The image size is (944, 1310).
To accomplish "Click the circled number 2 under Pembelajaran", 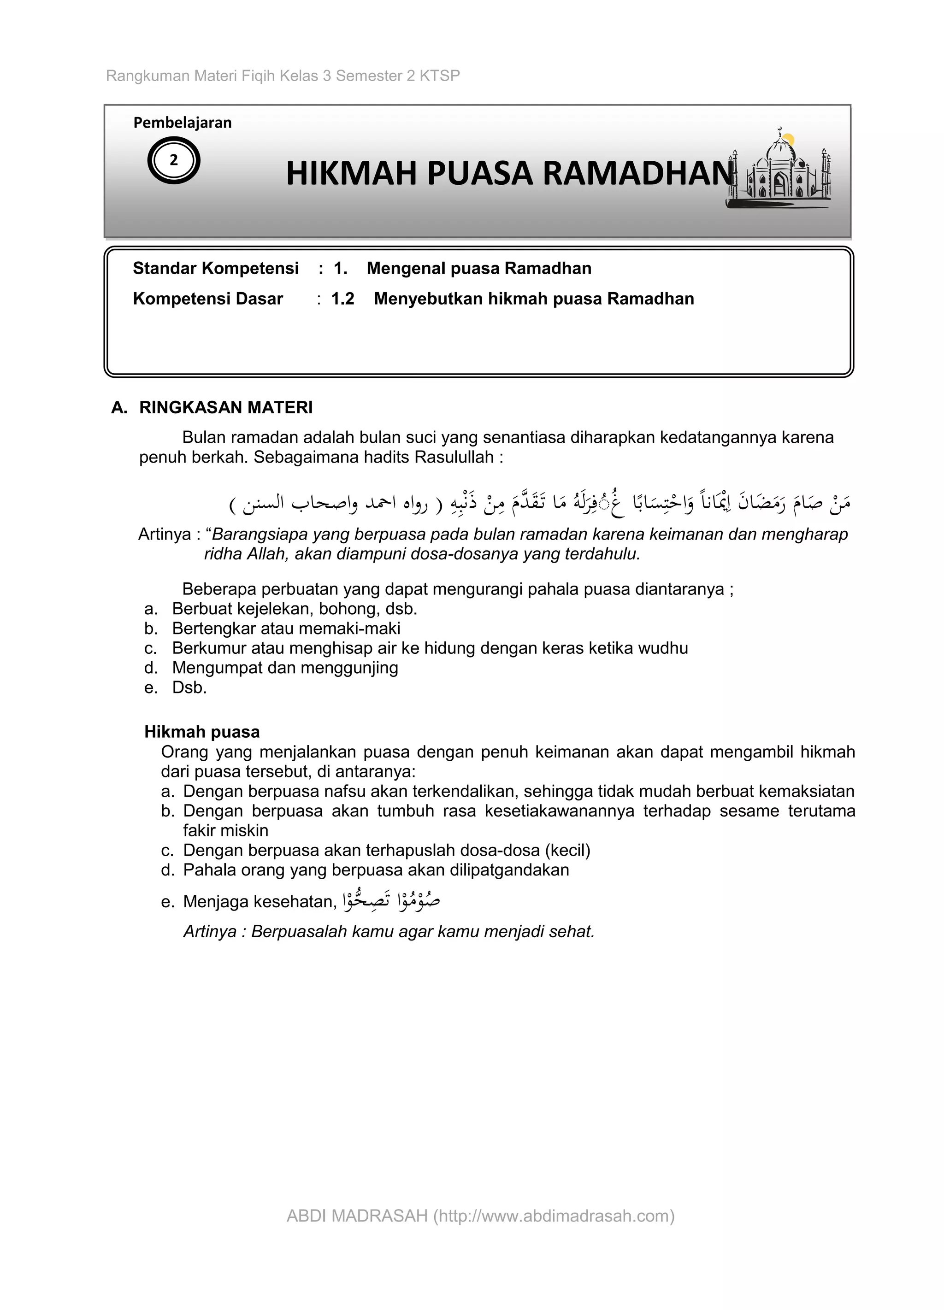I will pyautogui.click(x=173, y=160).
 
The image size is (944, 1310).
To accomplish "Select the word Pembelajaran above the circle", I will pyautogui.click(x=182, y=123).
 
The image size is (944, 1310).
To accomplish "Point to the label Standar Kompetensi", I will pyautogui.click(x=216, y=268).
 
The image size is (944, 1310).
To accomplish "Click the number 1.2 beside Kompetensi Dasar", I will pyautogui.click(x=342, y=299).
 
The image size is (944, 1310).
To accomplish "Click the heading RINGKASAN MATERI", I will pyautogui.click(x=225, y=408).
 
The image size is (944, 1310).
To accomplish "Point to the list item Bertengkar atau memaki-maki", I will pyautogui.click(x=286, y=629).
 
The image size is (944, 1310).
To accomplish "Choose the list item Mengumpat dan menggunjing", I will pyautogui.click(x=285, y=668).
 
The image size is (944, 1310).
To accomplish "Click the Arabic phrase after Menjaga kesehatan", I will pyautogui.click(x=391, y=900).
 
